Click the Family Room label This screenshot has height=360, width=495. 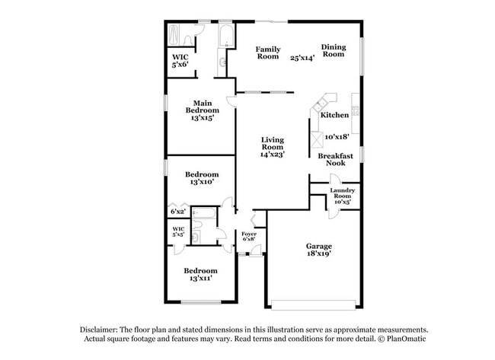[267, 52]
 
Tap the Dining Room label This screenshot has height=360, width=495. [333, 51]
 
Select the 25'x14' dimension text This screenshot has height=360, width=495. [302, 58]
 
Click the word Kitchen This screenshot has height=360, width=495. [334, 115]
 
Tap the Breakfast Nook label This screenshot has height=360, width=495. [331, 158]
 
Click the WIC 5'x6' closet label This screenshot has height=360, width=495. [180, 61]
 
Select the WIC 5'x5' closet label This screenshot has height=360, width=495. [178, 231]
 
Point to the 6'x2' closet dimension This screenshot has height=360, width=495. [177, 211]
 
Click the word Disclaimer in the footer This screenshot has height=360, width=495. [103, 330]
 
